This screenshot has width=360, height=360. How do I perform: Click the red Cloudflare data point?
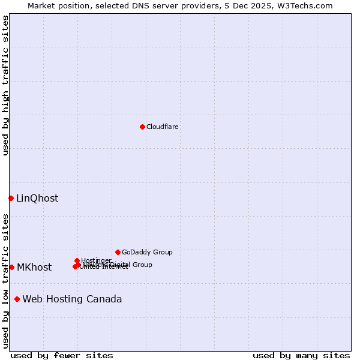(x=142, y=127)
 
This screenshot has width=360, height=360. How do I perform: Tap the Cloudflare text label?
(x=163, y=127)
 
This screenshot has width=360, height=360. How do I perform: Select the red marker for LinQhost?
(x=11, y=198)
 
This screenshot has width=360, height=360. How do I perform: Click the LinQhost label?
(x=37, y=199)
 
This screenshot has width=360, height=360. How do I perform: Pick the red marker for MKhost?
(x=11, y=267)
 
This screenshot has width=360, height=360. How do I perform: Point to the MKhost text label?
(x=34, y=268)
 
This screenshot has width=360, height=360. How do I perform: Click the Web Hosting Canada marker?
(x=17, y=299)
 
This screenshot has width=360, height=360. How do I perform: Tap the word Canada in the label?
(x=106, y=299)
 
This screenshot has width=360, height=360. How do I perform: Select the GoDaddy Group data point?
(x=118, y=252)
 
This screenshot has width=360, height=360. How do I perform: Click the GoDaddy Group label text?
(x=147, y=252)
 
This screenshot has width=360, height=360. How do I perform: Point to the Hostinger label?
(x=96, y=260)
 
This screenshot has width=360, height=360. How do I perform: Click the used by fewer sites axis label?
(x=62, y=355)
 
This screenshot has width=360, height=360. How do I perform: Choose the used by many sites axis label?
(x=301, y=355)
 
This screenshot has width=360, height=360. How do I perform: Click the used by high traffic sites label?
(x=5, y=85)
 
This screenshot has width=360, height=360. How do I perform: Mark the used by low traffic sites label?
(x=5, y=281)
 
